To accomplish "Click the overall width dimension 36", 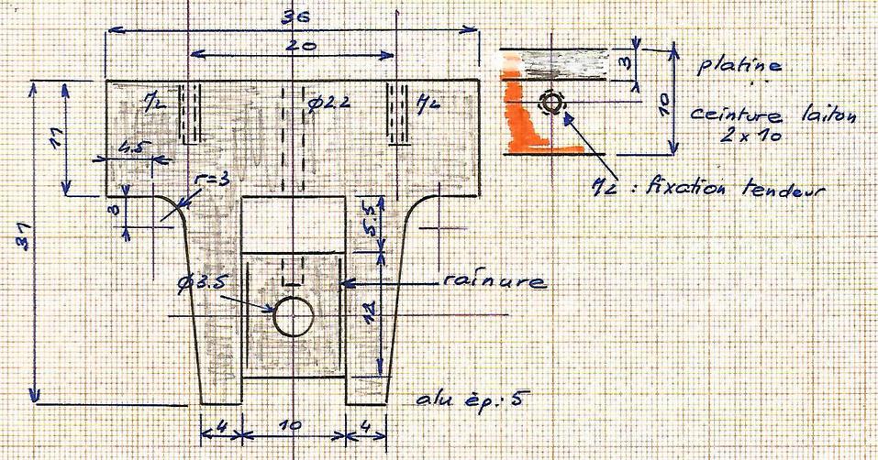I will [x=295, y=17].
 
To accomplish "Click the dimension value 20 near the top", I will [x=294, y=47].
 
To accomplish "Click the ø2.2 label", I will [x=328, y=102].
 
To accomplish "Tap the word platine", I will [x=739, y=66].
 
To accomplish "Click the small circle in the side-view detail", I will [x=550, y=104].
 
